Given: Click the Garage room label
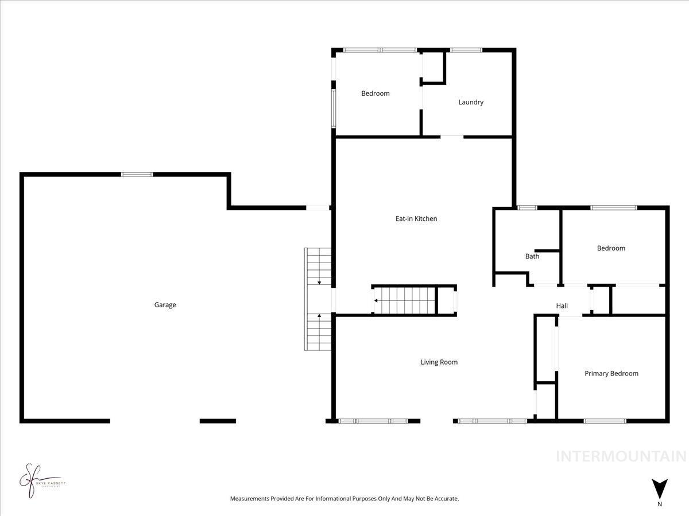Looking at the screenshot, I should (x=165, y=305).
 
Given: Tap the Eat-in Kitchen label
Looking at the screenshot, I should (x=416, y=218).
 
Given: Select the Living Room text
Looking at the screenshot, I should (x=439, y=362).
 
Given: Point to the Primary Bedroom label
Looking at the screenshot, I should (x=611, y=373).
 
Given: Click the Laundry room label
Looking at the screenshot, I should (x=471, y=102).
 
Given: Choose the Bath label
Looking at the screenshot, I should (x=532, y=256).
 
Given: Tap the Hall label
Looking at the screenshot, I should (x=562, y=306).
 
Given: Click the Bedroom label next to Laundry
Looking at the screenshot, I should (x=376, y=93).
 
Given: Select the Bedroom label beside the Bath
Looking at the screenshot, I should (x=611, y=248).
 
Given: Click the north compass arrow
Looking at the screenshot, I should (x=660, y=488).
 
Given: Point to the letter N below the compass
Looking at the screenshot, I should (x=660, y=505).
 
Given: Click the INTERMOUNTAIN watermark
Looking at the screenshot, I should (x=621, y=456).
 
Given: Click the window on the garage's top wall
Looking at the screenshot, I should (x=137, y=174).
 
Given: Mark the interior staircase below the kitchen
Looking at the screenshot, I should (x=405, y=300).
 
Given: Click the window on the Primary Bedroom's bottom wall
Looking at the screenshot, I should (x=605, y=421).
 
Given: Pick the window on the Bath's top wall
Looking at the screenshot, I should (x=527, y=208).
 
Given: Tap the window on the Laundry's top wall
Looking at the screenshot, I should (x=466, y=50).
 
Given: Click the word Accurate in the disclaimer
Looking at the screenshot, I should (x=446, y=499).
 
